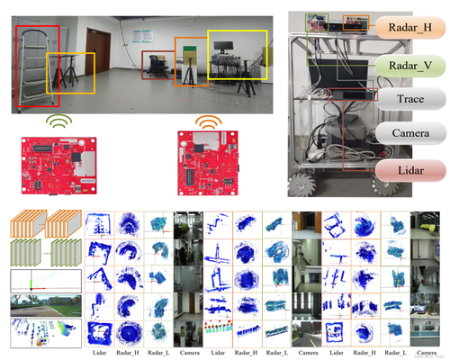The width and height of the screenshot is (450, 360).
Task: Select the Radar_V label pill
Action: point(410,66)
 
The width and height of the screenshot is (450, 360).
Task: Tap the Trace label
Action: point(410,100)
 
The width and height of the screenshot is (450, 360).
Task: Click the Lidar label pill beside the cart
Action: point(410,168)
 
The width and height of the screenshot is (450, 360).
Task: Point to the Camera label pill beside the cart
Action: point(410,134)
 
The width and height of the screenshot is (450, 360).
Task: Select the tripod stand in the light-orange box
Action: point(71,71)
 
